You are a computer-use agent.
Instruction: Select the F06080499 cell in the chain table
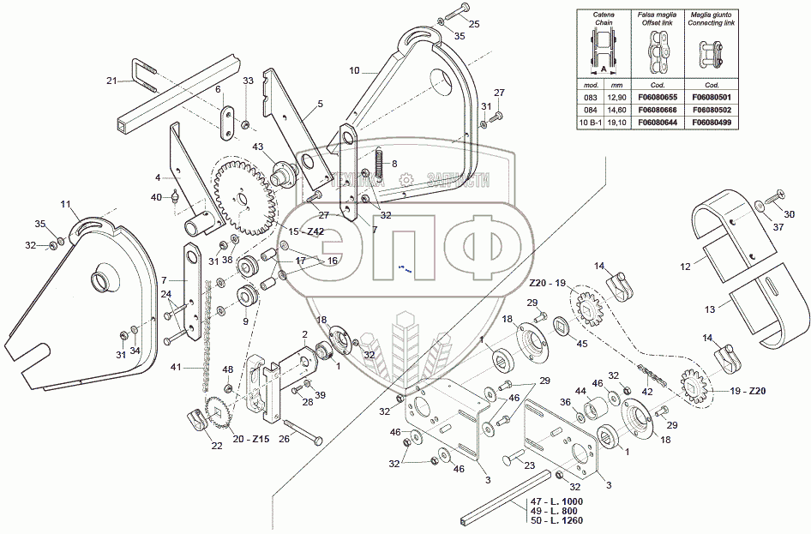click(x=712, y=123)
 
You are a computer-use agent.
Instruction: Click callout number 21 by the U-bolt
click(x=111, y=81)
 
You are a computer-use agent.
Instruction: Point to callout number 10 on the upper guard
click(x=355, y=73)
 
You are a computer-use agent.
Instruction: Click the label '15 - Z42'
click(x=305, y=231)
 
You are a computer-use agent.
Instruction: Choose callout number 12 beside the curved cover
click(x=686, y=267)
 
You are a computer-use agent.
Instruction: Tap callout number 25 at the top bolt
click(x=474, y=23)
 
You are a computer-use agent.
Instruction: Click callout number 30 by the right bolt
click(x=790, y=213)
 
